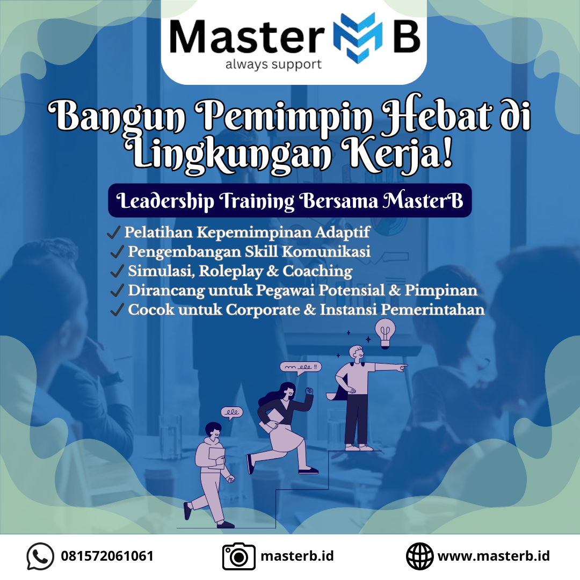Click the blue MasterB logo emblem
(357, 38)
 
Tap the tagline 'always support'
(273, 64)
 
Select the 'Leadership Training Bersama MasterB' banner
(289, 200)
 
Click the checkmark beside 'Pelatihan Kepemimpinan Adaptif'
(113, 233)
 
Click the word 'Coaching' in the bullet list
(317, 271)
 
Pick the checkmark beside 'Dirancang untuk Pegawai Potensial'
(117, 291)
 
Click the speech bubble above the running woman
(300, 368)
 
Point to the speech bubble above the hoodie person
(232, 413)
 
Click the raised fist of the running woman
(309, 390)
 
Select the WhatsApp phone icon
(40, 556)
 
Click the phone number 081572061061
(107, 556)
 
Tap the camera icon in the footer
(239, 556)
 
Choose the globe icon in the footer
(419, 556)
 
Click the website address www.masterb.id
(494, 556)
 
